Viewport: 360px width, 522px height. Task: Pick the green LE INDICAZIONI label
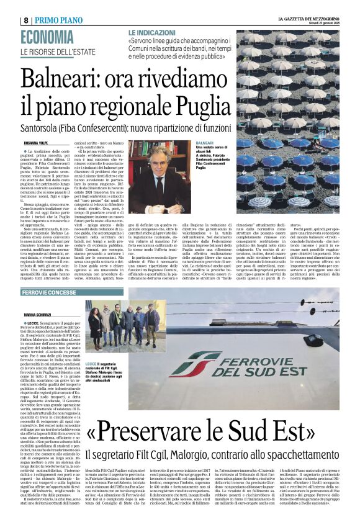[x=151, y=31]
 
